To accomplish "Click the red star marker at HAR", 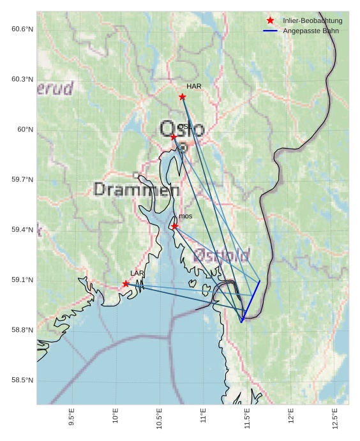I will click(182, 96).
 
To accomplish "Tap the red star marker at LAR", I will click(126, 283).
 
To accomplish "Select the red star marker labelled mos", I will click(174, 226).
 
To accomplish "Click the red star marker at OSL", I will click(174, 137).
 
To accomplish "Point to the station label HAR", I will click(194, 86).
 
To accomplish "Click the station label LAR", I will click(137, 273).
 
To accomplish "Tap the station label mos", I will click(186, 216).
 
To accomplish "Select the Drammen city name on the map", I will click(137, 190).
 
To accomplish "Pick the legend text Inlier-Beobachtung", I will click(312, 20).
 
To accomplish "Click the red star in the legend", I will click(270, 20).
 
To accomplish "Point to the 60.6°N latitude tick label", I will click(22, 29).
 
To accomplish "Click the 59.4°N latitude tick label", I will click(22, 230).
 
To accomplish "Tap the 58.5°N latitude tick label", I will click(22, 380).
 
